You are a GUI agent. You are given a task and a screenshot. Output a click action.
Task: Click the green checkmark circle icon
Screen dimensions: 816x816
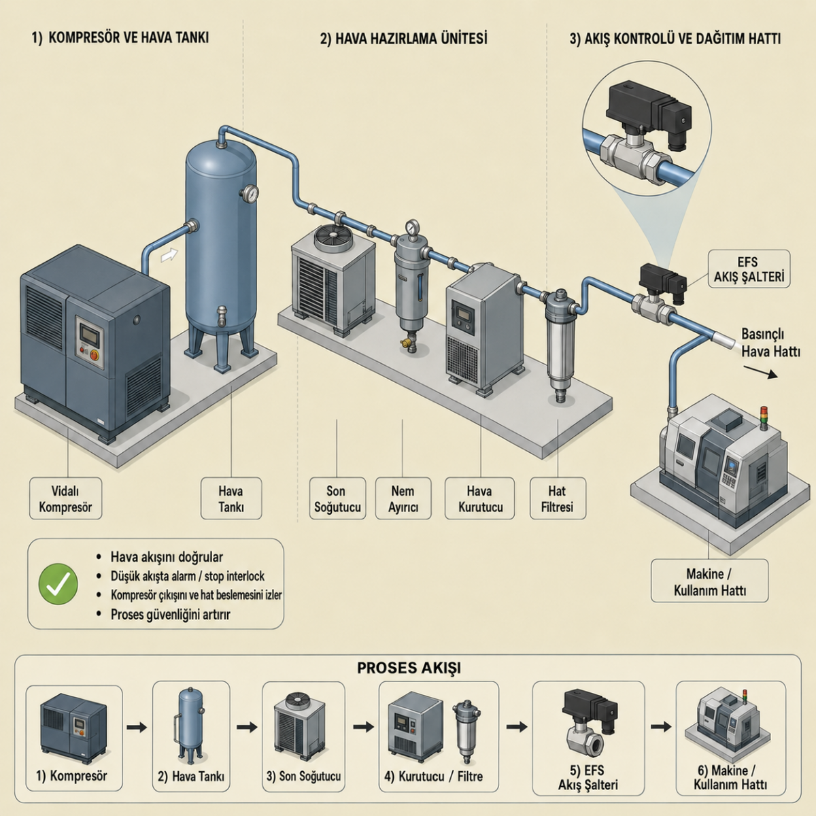point(58,584)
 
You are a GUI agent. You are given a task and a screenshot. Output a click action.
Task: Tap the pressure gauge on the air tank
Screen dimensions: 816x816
point(250,193)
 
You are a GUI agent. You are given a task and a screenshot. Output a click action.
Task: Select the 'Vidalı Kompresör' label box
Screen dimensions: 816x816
point(66,498)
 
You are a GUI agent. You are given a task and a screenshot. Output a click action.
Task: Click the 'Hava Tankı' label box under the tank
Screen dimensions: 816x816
point(231,498)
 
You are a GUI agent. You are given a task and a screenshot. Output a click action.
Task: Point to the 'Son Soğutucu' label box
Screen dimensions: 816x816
point(337,498)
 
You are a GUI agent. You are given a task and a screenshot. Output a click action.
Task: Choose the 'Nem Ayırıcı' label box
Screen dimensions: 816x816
point(403,498)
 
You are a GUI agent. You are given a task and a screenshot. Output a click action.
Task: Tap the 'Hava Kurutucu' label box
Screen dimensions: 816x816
point(480,498)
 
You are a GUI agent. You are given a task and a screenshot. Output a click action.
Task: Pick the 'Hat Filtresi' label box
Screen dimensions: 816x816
point(558,498)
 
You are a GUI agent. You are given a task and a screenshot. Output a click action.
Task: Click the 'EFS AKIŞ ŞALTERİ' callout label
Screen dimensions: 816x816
point(749,269)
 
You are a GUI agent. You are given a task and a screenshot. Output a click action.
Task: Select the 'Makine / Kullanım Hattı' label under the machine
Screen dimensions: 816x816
point(710,581)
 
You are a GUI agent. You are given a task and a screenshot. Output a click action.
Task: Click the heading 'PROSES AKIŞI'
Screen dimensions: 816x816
point(409,668)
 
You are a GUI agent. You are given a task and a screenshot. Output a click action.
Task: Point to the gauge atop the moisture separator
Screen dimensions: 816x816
point(411,227)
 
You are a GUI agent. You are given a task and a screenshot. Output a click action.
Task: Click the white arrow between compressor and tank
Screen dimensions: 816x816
point(169,255)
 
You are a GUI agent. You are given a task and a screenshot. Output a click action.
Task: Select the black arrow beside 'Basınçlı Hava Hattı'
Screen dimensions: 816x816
point(760,372)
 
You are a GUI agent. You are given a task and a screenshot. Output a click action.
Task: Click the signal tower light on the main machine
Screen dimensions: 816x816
point(764,416)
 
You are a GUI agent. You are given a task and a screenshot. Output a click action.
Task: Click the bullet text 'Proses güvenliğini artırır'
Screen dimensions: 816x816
point(170,615)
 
